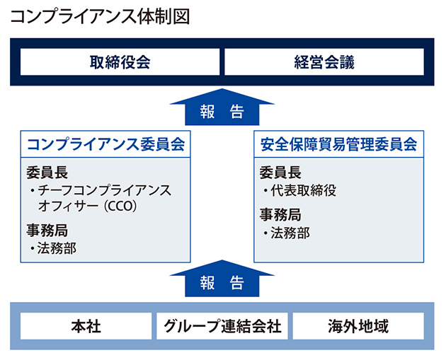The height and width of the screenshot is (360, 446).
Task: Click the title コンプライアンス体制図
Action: click(100, 17)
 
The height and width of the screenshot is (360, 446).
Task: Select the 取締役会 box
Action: click(120, 62)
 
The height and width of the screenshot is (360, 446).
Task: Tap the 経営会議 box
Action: click(324, 62)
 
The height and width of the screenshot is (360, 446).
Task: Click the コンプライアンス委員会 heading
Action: click(105, 144)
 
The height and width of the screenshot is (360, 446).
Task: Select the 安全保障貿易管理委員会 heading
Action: click(338, 144)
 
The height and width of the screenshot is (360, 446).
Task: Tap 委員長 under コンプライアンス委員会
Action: click(47, 173)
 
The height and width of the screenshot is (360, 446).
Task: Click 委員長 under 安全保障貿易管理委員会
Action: click(280, 173)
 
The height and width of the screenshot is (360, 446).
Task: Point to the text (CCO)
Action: click(120, 207)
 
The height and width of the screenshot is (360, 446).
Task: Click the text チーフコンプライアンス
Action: click(105, 190)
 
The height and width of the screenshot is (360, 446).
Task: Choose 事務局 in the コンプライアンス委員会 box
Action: click(47, 231)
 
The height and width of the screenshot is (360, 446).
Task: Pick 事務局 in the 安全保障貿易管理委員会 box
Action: click(280, 214)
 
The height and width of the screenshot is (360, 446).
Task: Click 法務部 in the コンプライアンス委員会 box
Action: click(57, 248)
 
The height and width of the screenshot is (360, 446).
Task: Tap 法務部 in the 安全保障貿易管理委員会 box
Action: click(290, 233)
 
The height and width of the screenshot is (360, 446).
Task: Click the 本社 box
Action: click(86, 326)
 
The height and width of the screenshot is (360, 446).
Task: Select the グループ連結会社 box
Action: click(222, 326)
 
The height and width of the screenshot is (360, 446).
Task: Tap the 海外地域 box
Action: click(358, 326)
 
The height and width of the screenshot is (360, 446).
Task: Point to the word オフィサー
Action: click(68, 207)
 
